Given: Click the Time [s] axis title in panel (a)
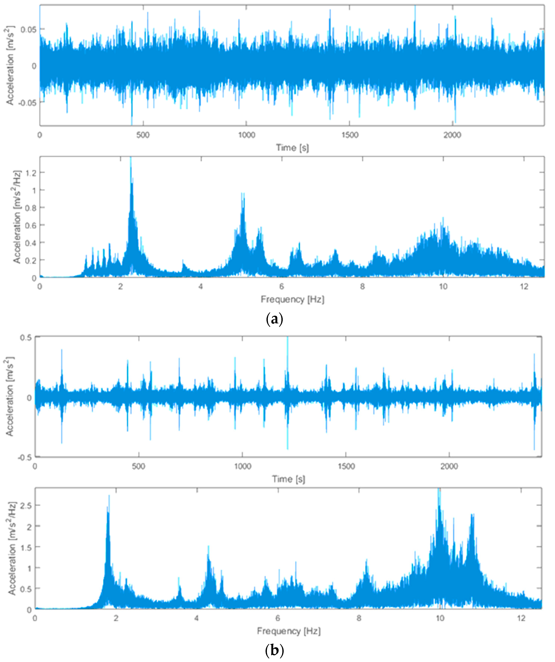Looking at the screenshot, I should coord(292,148).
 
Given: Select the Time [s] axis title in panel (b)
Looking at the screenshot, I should coord(288,479).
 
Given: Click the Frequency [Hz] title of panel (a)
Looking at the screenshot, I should coord(292,299).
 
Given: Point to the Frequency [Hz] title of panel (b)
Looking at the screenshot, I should coord(288,631).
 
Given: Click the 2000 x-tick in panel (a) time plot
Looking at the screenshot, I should coord(452,135).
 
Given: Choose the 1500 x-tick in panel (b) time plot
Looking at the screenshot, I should coord(346,466).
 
